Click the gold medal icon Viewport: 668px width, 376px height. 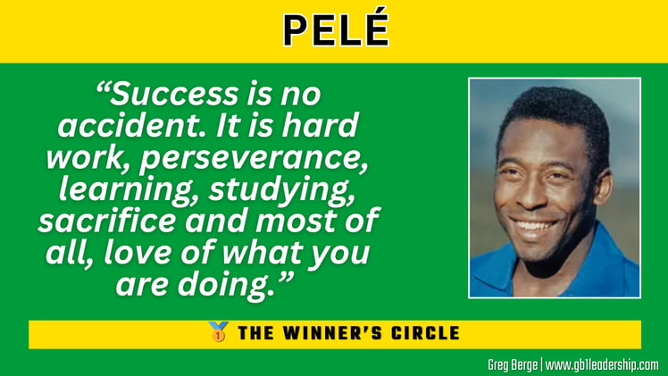(x=217, y=333)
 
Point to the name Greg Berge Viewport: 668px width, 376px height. (x=512, y=364)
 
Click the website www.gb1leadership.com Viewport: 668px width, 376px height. (x=602, y=364)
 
